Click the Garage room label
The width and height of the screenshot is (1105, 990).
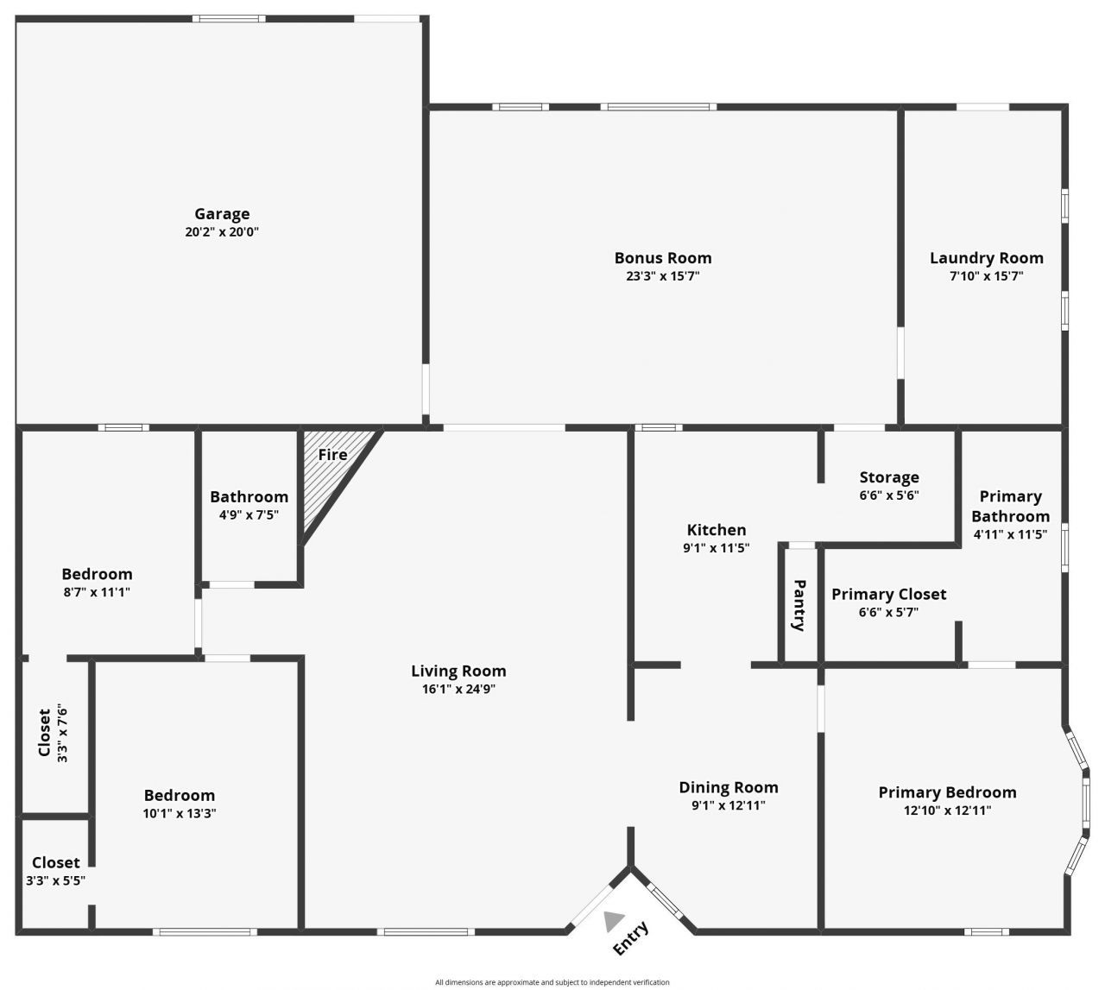click(x=222, y=214)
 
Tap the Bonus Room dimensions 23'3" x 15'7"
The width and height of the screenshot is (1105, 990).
click(x=663, y=276)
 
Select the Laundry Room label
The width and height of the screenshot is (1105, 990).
click(x=986, y=258)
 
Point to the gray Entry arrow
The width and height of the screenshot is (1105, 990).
click(x=614, y=921)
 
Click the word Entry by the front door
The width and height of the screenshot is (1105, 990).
click(x=630, y=939)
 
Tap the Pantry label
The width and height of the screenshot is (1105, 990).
click(x=799, y=605)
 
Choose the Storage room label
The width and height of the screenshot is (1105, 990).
click(x=888, y=477)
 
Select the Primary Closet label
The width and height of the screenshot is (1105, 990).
click(x=888, y=594)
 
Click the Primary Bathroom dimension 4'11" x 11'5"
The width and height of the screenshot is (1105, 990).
click(x=1010, y=534)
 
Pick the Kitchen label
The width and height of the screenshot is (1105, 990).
click(x=717, y=530)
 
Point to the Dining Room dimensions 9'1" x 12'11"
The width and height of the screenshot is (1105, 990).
click(x=729, y=805)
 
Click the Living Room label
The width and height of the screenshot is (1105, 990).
click(x=458, y=671)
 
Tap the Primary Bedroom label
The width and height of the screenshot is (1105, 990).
click(x=947, y=792)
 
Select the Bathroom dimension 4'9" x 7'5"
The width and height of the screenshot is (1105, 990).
click(x=249, y=514)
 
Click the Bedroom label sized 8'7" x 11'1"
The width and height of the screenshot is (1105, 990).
click(x=98, y=574)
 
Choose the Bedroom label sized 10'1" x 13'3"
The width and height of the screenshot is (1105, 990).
click(x=180, y=795)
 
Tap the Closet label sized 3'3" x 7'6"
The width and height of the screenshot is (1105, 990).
click(x=44, y=733)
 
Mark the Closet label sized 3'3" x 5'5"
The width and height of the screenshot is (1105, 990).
click(x=56, y=862)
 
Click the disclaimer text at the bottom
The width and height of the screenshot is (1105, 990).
click(x=552, y=982)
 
